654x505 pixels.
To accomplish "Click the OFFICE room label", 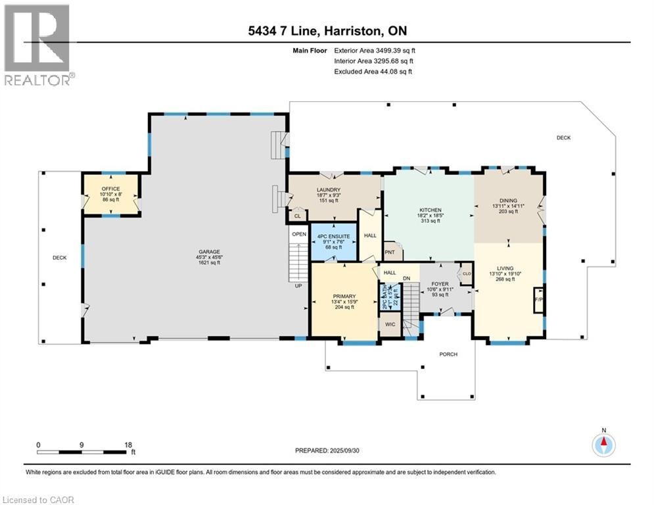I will (110, 189).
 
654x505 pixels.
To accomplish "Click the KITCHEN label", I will (428, 210).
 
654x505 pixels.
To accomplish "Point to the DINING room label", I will (508, 201).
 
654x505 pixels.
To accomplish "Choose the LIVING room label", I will (505, 268).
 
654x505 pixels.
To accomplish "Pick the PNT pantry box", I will (389, 252).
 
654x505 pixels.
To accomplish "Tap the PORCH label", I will (448, 354).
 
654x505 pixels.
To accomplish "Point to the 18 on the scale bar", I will (127, 445).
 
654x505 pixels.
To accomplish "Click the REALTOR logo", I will (39, 45).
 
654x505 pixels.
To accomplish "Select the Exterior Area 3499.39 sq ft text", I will (375, 50).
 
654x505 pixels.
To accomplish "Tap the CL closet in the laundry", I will (297, 216).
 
